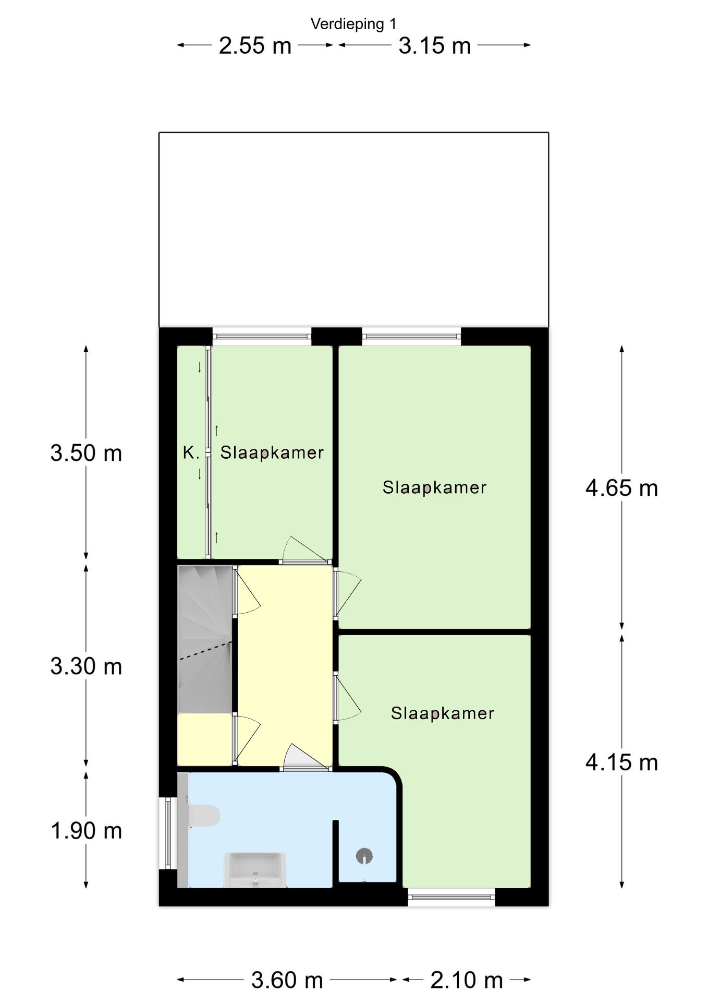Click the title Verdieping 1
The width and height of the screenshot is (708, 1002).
pos(353,24)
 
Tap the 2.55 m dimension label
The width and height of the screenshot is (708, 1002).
pos(254,46)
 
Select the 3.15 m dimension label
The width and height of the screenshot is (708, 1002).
pos(434,46)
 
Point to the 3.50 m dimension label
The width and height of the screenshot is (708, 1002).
pos(86,453)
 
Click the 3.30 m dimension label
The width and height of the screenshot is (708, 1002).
pos(86,666)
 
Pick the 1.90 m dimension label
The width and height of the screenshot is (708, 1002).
pos(86,831)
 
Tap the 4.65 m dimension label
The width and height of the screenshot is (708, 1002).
pos(621,488)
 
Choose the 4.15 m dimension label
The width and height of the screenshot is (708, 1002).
pos(621,763)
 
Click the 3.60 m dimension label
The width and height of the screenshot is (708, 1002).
pos(287,981)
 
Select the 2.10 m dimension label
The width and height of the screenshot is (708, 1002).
pos(466,981)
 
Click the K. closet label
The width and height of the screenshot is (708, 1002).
pos(191,452)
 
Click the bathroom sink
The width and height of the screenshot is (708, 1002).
pos(255,869)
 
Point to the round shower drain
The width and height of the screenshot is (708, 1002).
pos(364,856)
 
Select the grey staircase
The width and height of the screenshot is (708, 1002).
pos(205,639)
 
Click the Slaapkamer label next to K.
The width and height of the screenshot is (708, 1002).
pos(272,452)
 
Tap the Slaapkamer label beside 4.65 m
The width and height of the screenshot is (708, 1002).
pos(434,487)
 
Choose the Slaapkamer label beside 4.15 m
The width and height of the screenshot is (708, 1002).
pos(443,713)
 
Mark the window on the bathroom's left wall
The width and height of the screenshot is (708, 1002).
pos(168,833)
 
